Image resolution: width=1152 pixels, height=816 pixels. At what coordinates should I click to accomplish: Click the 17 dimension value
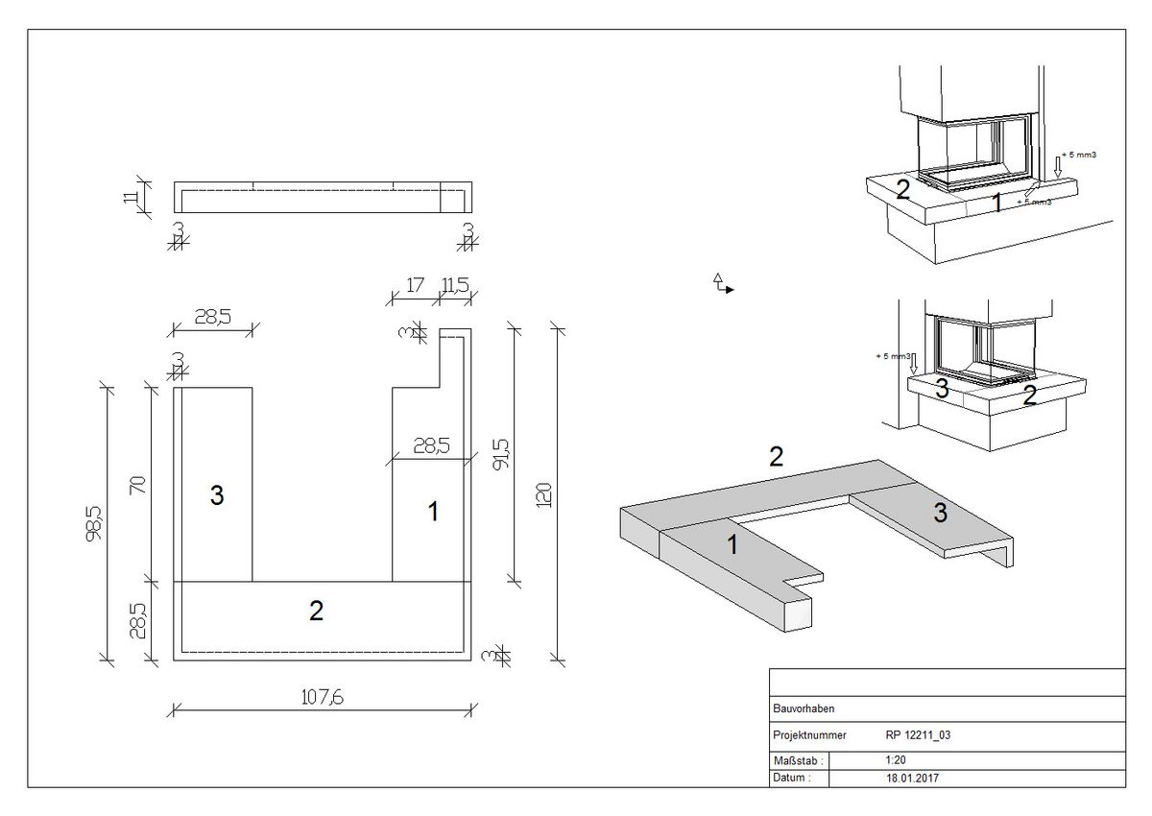click(416, 284)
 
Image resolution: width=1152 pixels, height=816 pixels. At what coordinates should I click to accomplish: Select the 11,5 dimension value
click(454, 284)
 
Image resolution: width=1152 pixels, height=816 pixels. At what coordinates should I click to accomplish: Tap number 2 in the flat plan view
click(316, 611)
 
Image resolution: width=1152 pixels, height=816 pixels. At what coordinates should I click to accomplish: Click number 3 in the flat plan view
click(217, 495)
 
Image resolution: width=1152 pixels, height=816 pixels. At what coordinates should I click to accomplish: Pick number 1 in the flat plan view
click(433, 512)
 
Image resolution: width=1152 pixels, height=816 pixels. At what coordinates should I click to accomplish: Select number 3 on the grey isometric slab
click(941, 514)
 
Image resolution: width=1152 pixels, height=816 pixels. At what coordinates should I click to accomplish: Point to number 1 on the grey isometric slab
click(732, 545)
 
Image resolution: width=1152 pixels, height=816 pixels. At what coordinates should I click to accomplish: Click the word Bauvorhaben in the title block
click(804, 708)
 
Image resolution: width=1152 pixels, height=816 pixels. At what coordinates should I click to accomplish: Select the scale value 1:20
click(896, 760)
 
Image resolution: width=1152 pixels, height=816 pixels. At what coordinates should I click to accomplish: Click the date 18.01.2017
click(913, 778)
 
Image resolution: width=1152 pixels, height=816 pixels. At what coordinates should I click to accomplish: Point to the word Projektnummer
click(809, 735)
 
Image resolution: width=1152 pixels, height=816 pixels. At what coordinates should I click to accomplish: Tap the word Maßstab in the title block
click(794, 760)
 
